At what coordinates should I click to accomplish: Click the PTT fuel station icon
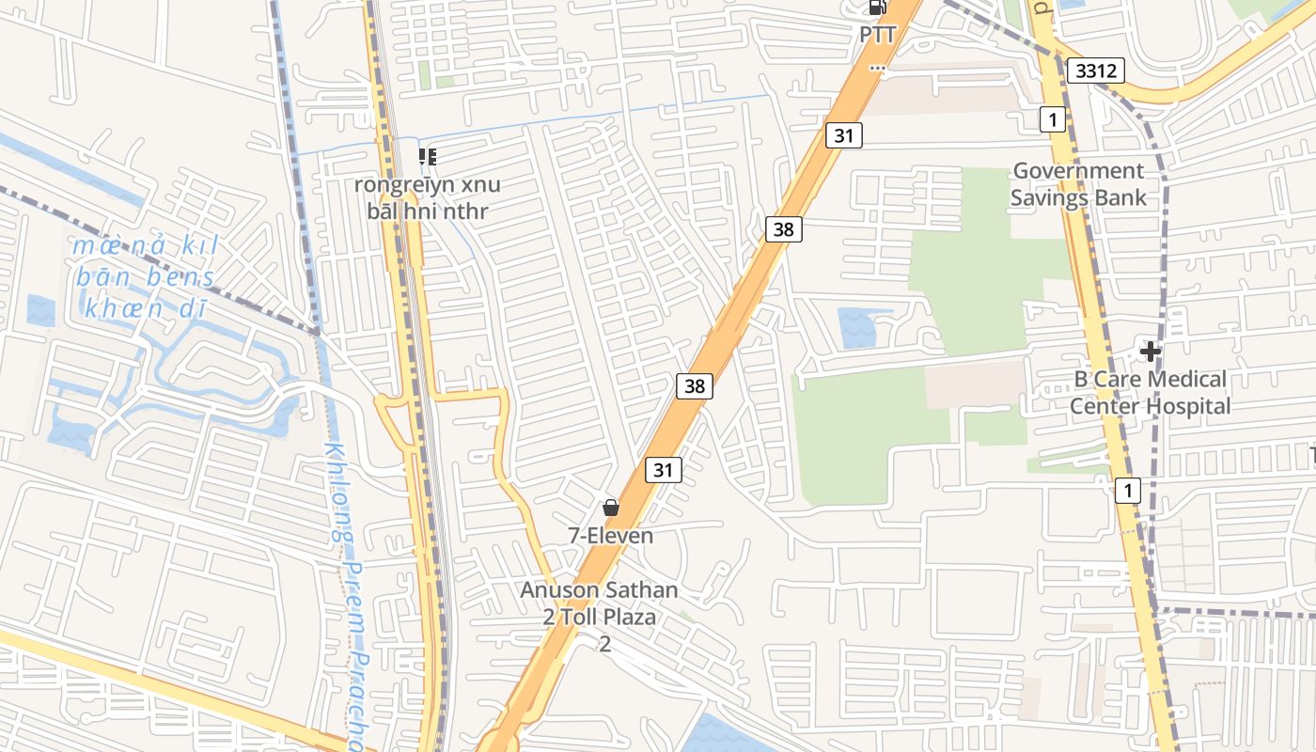click(877, 8)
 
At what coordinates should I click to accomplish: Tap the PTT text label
click(877, 35)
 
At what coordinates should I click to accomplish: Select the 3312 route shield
click(1097, 70)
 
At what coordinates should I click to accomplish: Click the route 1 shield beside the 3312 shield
click(1053, 119)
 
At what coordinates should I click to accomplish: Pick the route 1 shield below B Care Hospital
click(1128, 490)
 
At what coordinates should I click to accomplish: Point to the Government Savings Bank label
click(1078, 184)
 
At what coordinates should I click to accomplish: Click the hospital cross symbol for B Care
click(1150, 352)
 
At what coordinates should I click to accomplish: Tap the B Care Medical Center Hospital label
click(1150, 393)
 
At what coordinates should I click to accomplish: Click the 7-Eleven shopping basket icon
click(611, 509)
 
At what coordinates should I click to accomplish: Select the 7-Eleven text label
click(611, 536)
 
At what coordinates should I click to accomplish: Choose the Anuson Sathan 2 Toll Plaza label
click(600, 617)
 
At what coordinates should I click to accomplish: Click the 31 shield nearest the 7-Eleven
click(663, 470)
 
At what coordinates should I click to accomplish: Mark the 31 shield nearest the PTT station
click(844, 135)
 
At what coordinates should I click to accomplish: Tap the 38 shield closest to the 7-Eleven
click(694, 385)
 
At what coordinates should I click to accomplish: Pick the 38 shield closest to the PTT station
click(783, 228)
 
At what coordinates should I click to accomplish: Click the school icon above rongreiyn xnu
click(427, 157)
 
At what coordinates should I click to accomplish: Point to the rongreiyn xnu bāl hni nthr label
click(428, 197)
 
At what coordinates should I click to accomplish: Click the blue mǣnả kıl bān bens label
click(146, 277)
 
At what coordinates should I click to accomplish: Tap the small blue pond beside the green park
click(864, 328)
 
